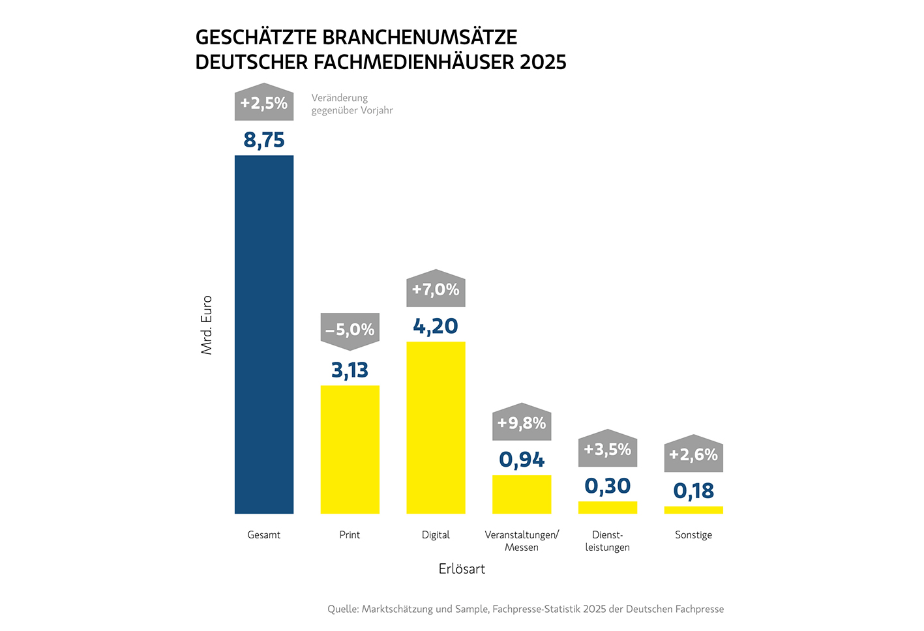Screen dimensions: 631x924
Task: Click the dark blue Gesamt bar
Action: pos(264,334)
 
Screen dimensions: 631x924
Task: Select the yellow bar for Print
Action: pos(350,449)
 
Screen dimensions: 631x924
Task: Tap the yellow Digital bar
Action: pos(436,427)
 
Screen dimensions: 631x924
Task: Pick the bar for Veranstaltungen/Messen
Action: pos(522,494)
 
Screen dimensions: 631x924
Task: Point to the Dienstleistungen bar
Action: pos(608,507)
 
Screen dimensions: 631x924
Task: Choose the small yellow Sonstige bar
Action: pos(693,510)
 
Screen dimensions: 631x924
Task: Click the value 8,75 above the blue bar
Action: pos(264,140)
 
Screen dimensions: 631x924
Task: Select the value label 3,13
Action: pos(350,370)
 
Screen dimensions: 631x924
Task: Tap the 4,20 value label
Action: pos(436,326)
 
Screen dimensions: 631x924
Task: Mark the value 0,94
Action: pos(522,460)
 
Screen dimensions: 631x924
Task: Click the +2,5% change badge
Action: pos(264,103)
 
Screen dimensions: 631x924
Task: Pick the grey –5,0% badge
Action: pos(350,330)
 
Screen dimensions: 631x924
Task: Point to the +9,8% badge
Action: pos(522,423)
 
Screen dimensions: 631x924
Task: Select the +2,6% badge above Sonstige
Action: pos(693,454)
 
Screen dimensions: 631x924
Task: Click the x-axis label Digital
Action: pos(436,535)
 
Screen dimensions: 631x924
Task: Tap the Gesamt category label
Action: pos(264,535)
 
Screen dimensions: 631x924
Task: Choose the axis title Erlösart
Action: pos(462,569)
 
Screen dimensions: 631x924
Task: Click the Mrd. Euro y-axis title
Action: pos(207,325)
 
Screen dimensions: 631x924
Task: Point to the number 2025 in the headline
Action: pos(543,62)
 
